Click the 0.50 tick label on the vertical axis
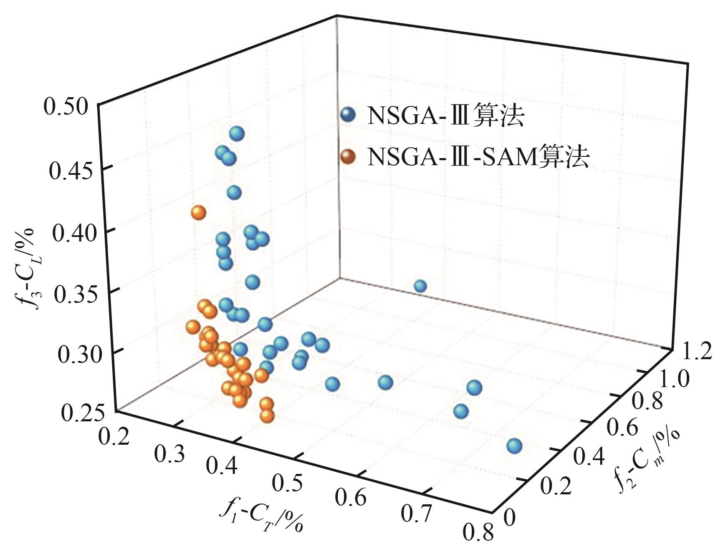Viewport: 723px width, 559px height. [x=66, y=108]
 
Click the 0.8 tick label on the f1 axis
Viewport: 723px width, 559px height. [x=478, y=533]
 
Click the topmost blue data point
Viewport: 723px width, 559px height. [x=237, y=134]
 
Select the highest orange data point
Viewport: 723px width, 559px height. [x=199, y=213]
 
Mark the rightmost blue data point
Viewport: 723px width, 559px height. [x=514, y=446]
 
